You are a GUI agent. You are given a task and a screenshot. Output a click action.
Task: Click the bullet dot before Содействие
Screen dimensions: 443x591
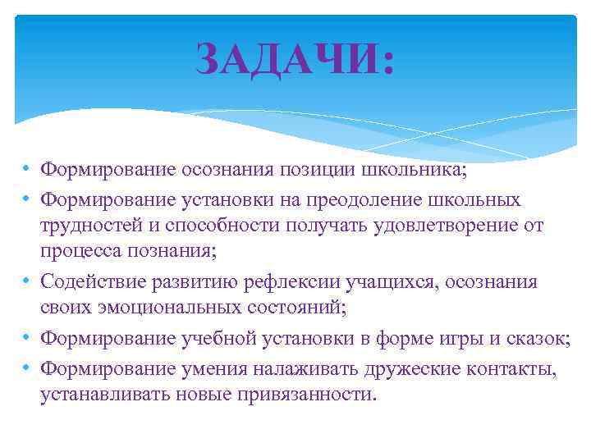tap(27, 283)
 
